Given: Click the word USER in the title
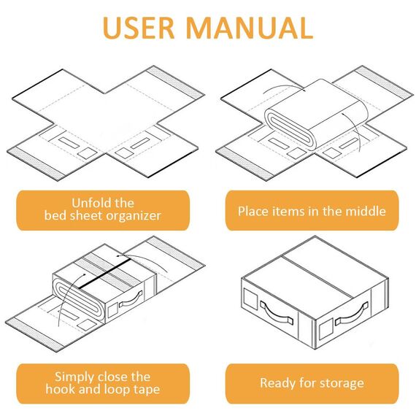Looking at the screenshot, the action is pos(138,28).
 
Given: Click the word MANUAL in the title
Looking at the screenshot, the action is pos(250,28).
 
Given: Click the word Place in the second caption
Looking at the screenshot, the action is pos(253,211).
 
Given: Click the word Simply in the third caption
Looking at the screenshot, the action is pos(74,377).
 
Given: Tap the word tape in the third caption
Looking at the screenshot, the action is pos(147,390).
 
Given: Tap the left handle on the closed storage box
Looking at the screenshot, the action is pos(277,313).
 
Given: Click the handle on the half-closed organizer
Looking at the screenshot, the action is pos(130,299).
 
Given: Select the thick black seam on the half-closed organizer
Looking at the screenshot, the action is pos(105,274).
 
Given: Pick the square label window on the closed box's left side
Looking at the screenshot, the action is pos(250,298).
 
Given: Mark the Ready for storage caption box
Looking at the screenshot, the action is pos(312,384).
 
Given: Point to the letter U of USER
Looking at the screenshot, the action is pos(112,28).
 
